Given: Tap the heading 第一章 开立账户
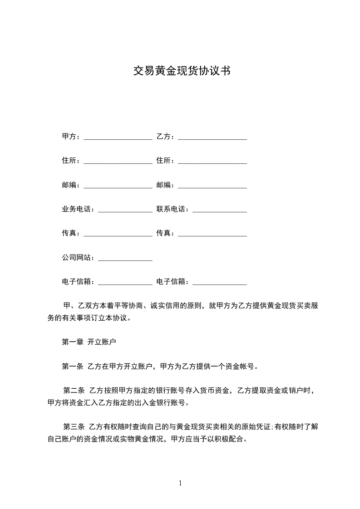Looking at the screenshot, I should tap(89, 342).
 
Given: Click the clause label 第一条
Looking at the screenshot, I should tap(72, 366).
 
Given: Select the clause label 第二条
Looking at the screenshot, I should tap(74, 390).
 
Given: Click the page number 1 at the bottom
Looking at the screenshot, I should tap(180, 483).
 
